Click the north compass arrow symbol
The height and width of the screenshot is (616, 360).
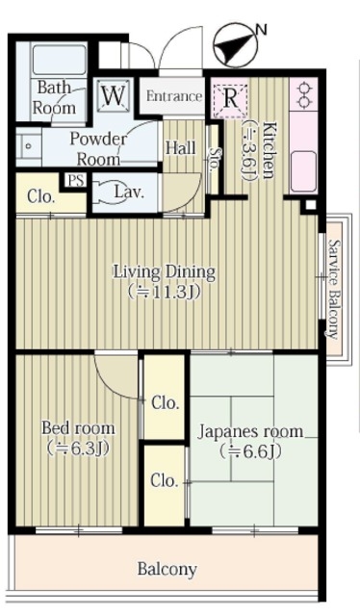point(236,45)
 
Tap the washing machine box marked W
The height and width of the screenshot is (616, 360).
point(114,95)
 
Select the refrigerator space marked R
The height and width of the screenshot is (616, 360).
point(230,98)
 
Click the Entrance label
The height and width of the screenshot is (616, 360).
point(174,96)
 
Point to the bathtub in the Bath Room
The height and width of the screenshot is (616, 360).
point(59,60)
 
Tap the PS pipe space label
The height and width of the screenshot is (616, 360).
point(76,181)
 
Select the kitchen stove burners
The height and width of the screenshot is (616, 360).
point(303,95)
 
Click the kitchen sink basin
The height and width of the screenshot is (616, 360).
point(303,171)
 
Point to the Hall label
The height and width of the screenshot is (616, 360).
point(181,148)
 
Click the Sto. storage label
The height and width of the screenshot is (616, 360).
point(215,158)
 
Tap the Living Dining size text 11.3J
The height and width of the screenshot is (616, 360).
point(165,292)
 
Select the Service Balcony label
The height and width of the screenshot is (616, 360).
point(334,289)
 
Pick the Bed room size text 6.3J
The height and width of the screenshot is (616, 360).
point(77,449)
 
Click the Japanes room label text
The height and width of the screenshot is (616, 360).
point(250,431)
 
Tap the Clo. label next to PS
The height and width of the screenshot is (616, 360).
point(40,196)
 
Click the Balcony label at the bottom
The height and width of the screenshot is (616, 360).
point(167,569)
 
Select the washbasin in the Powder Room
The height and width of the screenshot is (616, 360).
point(28,146)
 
